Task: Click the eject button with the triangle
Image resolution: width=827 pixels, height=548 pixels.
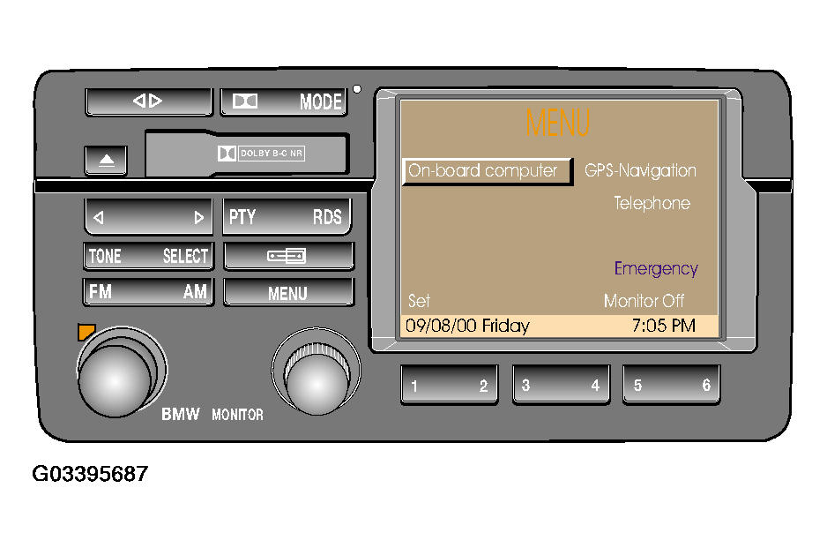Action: pos(107,161)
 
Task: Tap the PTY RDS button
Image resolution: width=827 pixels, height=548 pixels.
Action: pos(286,216)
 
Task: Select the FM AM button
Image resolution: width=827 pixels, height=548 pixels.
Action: pos(148,292)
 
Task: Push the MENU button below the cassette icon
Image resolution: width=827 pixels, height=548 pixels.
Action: pos(287,293)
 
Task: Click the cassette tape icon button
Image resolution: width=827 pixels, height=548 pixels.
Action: pos(287,256)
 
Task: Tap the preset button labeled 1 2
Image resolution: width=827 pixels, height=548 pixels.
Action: pos(450,385)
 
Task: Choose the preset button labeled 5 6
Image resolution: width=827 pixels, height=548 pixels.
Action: pos(672,385)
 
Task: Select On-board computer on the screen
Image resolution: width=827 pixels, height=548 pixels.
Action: pos(483,171)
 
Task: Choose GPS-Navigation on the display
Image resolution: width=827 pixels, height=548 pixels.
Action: pos(641,171)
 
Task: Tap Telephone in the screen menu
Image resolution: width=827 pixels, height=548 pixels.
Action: pos(652,204)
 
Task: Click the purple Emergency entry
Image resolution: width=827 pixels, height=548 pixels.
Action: pos(656,269)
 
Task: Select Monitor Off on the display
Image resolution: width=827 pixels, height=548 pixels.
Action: pos(644,301)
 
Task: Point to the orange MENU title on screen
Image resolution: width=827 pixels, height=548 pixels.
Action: pos(557,123)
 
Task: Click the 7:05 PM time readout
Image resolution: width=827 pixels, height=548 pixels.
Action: pos(663,326)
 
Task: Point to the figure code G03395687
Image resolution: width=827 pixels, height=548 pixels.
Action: pos(90,475)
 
